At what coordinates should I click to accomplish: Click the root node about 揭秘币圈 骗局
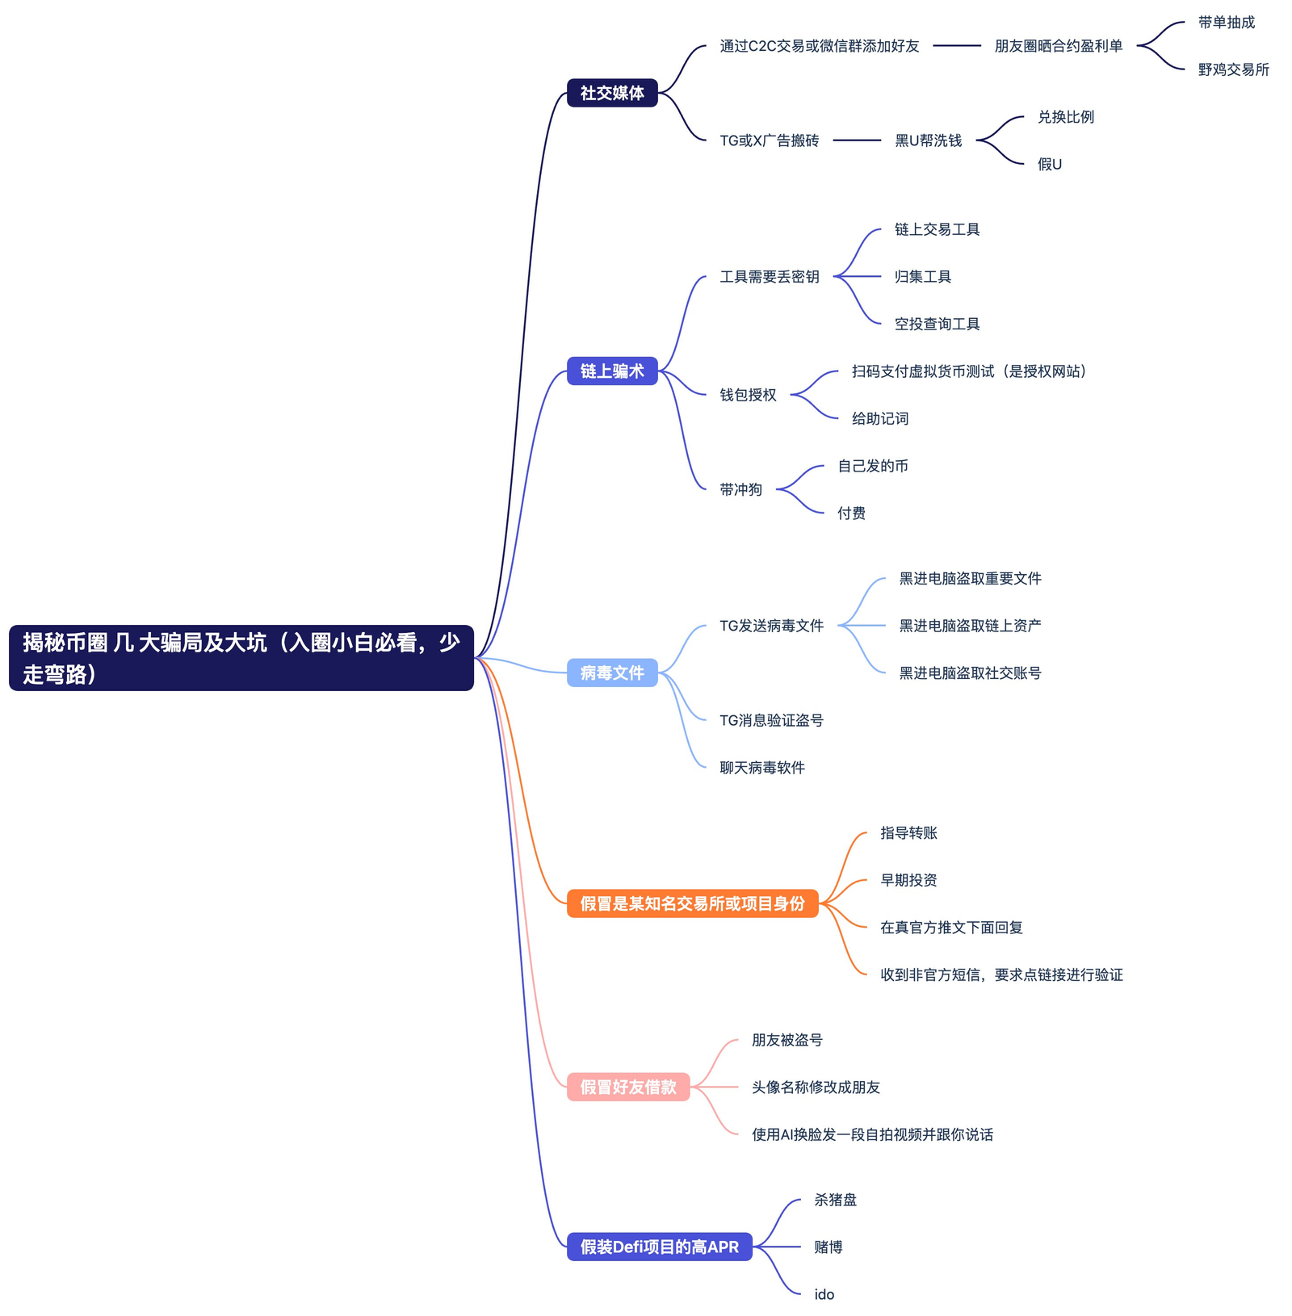241,657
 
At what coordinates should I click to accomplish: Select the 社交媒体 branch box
612,93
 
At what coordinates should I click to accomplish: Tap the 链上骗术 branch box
612,371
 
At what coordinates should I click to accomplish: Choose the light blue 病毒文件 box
612,673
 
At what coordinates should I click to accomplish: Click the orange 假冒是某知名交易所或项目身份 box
692,903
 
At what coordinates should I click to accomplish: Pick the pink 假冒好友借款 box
628,1087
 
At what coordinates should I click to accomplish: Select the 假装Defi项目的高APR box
659,1247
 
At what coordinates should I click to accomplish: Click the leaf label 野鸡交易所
1233,69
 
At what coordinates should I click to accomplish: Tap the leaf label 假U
1049,164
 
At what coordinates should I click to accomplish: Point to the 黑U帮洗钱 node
928,140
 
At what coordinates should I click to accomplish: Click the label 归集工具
922,276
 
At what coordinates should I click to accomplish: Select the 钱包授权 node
748,395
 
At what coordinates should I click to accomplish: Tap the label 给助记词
879,418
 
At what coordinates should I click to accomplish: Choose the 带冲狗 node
740,489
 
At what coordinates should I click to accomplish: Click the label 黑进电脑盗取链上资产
970,625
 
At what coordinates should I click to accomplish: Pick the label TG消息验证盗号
771,720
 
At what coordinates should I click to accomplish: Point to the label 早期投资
908,880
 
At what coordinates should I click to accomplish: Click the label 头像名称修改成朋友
816,1087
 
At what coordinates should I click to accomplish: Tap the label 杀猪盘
835,1200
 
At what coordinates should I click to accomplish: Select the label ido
824,1294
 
